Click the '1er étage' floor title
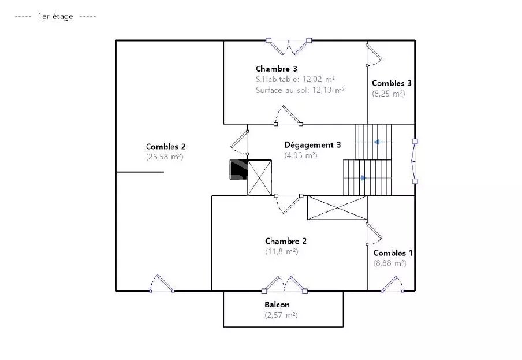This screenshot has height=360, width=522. (55, 16)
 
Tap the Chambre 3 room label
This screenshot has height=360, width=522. (277, 69)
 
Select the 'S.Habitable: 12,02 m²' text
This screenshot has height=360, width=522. (295, 79)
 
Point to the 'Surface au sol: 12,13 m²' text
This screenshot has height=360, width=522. (300, 90)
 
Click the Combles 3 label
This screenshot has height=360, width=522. (391, 83)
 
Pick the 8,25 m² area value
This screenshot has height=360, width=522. (388, 94)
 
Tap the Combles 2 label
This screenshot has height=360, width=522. (166, 147)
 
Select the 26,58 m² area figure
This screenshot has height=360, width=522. (165, 157)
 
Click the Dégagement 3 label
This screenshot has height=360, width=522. (312, 145)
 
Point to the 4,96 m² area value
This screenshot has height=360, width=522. (301, 155)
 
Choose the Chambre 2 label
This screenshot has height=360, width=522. (286, 241)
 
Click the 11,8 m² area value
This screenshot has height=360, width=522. (282, 251)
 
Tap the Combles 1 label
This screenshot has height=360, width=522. (393, 253)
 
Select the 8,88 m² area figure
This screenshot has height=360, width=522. (390, 263)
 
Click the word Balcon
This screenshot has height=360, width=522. (277, 305)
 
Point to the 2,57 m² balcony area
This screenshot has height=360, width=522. (281, 315)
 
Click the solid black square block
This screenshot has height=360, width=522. (238, 169)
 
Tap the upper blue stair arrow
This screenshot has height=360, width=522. (376, 142)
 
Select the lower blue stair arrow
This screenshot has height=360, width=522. (364, 178)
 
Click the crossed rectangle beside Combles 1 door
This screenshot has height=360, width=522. (337, 208)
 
